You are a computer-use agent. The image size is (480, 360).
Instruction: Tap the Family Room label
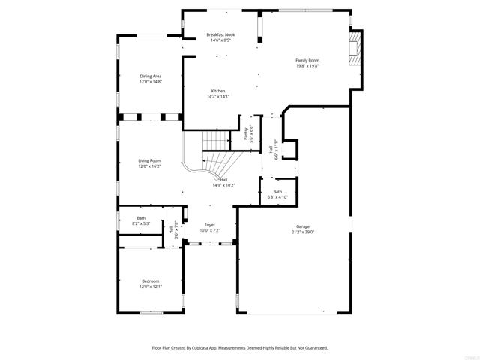(x=307, y=60)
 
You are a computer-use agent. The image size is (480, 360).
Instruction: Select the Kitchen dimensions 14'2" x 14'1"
(x=217, y=97)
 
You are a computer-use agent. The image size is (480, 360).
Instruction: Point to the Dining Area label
(x=150, y=76)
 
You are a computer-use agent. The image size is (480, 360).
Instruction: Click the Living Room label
(x=149, y=160)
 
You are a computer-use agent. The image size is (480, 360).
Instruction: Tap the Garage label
(x=302, y=226)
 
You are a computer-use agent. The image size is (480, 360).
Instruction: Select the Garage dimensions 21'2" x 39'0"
(x=302, y=232)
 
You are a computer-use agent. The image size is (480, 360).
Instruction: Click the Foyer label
(x=210, y=225)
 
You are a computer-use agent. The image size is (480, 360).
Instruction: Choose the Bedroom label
(x=151, y=280)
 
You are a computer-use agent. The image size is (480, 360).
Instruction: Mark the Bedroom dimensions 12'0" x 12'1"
(x=151, y=286)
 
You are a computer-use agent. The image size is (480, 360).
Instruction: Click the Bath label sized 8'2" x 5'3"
(x=141, y=218)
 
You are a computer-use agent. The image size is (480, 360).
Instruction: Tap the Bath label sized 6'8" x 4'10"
(x=277, y=191)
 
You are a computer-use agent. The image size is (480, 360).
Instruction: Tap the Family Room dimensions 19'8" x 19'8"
(x=307, y=66)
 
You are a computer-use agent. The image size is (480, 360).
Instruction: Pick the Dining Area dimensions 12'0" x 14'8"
(x=150, y=82)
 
